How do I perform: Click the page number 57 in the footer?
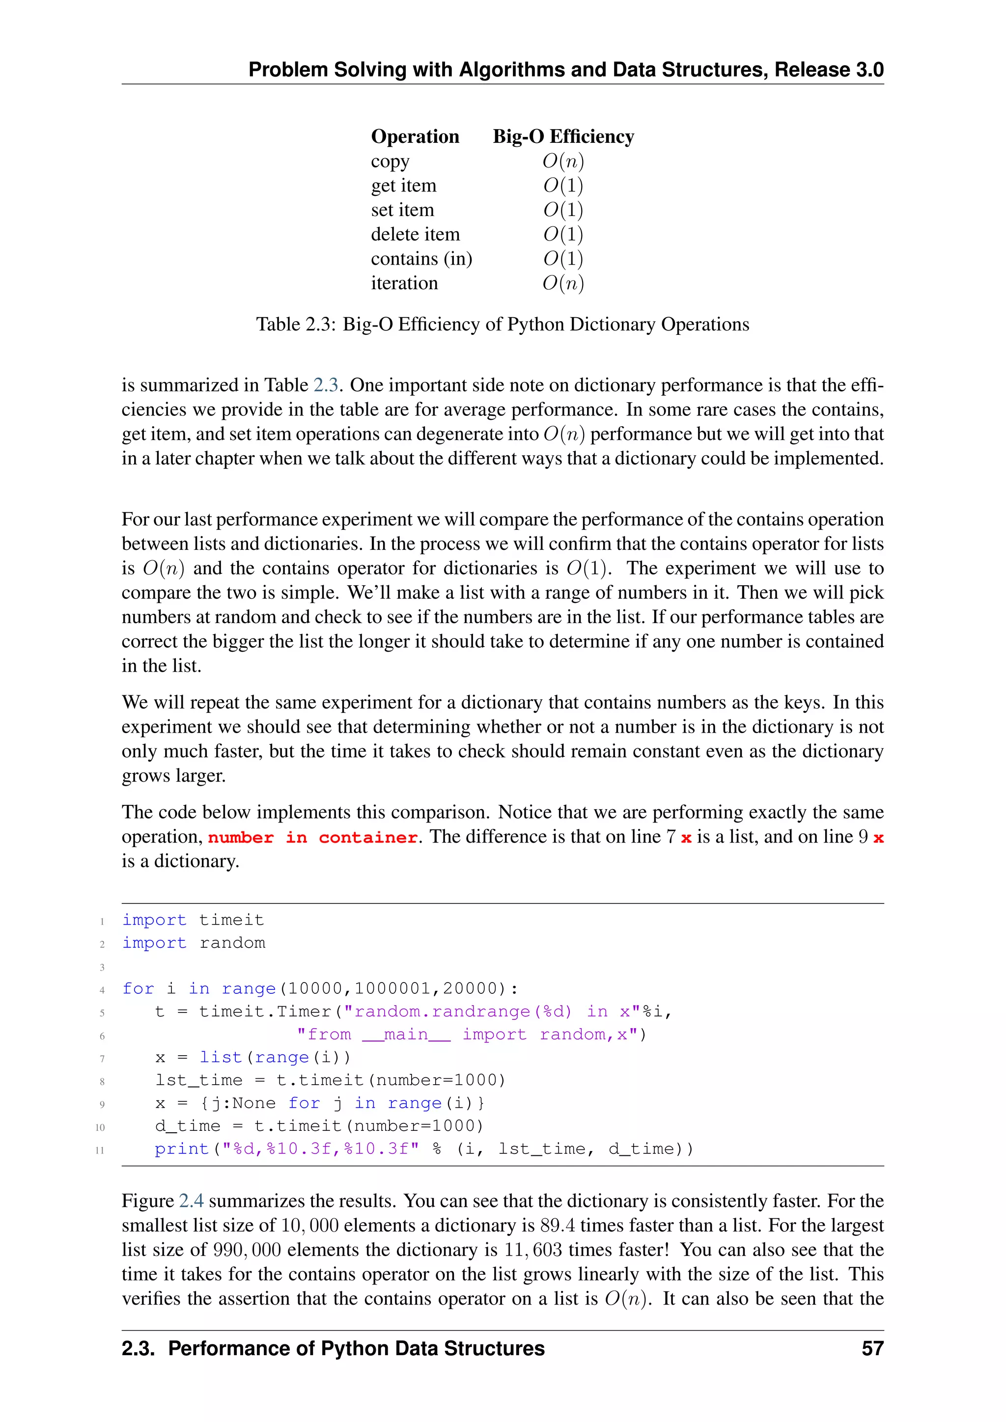pyautogui.click(x=872, y=1348)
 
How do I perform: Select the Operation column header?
pyautogui.click(x=415, y=136)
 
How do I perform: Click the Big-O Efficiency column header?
pyautogui.click(x=563, y=136)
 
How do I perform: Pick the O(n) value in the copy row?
pyautogui.click(x=563, y=161)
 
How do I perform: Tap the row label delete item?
pyautogui.click(x=415, y=234)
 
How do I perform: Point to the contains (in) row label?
pyautogui.click(x=421, y=258)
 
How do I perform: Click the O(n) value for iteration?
pyautogui.click(x=563, y=283)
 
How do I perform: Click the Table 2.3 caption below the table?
pyautogui.click(x=503, y=324)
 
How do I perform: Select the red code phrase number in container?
pyautogui.click(x=313, y=837)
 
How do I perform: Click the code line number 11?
pyautogui.click(x=100, y=1150)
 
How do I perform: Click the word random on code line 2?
pyautogui.click(x=232, y=943)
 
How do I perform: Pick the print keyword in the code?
pyautogui.click(x=181, y=1149)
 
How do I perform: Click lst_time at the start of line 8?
pyautogui.click(x=199, y=1080)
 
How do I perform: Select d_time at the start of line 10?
pyautogui.click(x=188, y=1126)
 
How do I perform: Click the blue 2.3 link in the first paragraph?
pyautogui.click(x=325, y=385)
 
